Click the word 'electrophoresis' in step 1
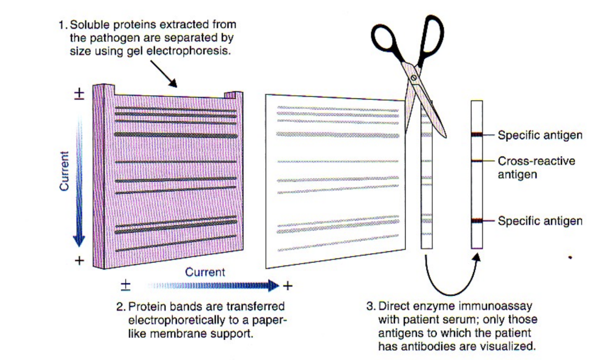(201, 51)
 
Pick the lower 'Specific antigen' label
(540, 221)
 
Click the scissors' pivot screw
(413, 78)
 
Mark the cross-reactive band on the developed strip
(476, 161)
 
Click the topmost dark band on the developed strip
(476, 135)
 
